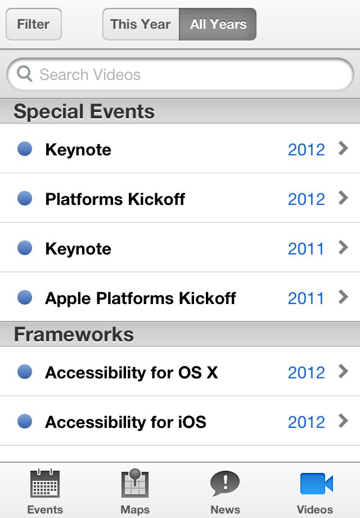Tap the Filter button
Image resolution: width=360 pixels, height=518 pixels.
[x=33, y=24]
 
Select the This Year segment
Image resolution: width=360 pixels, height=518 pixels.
[x=141, y=24]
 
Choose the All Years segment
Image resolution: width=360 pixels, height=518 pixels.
[x=218, y=24]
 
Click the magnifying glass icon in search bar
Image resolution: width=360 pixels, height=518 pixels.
[x=25, y=74]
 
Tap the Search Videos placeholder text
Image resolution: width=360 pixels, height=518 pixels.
[x=90, y=75]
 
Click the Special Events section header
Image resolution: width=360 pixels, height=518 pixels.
[x=84, y=111]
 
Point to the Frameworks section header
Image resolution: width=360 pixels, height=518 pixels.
[x=74, y=334]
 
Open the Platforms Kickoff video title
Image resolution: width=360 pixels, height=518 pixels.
[x=115, y=199]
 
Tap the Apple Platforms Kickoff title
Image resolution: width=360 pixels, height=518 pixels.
[x=140, y=298]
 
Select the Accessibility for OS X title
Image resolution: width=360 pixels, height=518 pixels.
[x=131, y=373]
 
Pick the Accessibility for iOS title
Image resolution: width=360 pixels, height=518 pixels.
[x=125, y=422]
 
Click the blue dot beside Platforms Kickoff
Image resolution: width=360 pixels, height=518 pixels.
[x=25, y=198]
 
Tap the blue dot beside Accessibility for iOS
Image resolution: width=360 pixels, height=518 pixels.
[x=25, y=421]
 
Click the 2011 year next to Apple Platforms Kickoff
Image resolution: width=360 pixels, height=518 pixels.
[x=306, y=298]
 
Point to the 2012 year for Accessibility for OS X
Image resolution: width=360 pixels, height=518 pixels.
[x=306, y=373]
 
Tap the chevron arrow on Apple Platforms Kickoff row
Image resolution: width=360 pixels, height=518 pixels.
[x=343, y=297]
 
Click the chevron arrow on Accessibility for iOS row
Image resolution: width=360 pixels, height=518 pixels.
[x=343, y=421]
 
